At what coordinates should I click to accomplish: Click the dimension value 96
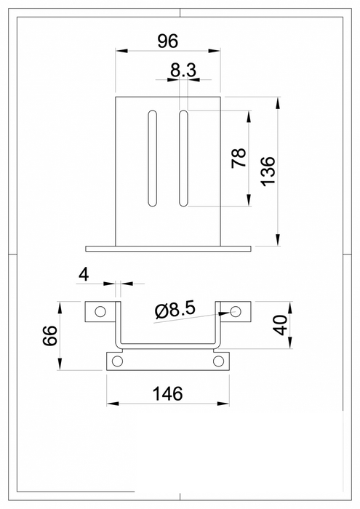[167, 41]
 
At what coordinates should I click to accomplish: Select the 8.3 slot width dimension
[183, 71]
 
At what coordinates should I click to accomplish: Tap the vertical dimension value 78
[238, 159]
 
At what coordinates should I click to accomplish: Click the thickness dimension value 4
[84, 274]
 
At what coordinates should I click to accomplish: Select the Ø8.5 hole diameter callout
[175, 310]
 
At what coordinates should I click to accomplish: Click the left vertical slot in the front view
[153, 157]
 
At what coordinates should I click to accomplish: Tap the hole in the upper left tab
[100, 312]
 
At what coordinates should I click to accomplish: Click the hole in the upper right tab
[235, 311]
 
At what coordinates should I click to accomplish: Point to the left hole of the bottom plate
[118, 361]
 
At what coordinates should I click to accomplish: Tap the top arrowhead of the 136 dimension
[278, 101]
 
